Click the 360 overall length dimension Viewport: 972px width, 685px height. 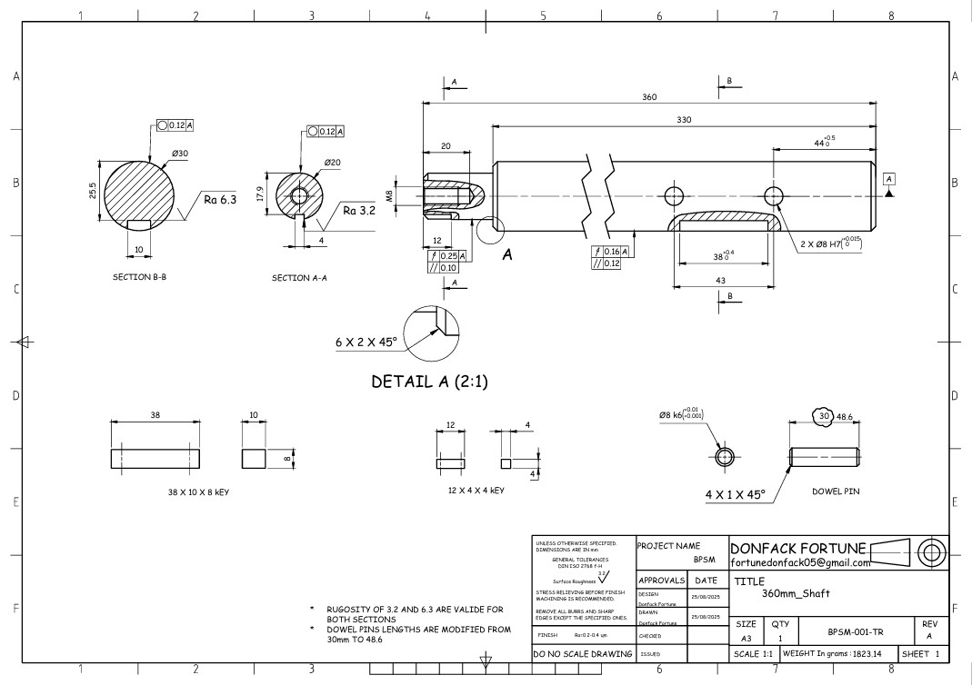tap(649, 96)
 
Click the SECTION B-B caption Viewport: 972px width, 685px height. tap(139, 277)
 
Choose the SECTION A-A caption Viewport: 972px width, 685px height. tap(299, 278)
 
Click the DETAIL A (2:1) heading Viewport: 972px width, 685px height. tap(430, 382)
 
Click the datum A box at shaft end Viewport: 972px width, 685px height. tap(888, 178)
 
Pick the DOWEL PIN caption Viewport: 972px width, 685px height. tap(836, 491)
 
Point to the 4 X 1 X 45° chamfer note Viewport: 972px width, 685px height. tap(735, 495)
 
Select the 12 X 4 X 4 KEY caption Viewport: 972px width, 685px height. tap(470, 491)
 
